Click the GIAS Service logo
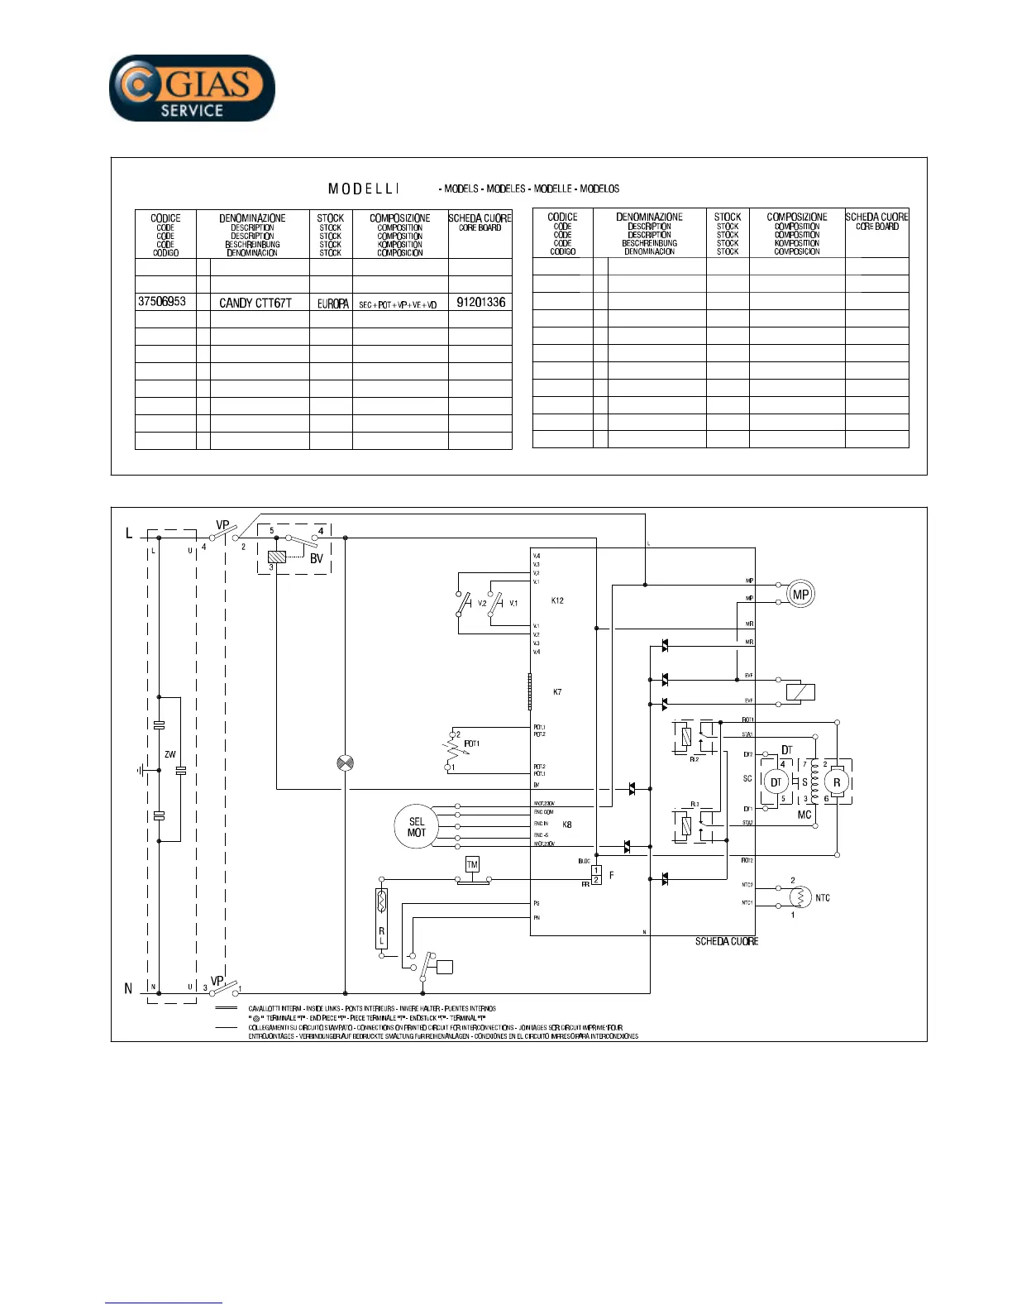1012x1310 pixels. (x=192, y=88)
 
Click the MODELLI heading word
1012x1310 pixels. (x=364, y=189)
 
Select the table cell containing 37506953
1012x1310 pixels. (x=162, y=302)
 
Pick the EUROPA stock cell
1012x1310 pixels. (x=332, y=304)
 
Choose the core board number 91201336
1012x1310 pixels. (x=480, y=302)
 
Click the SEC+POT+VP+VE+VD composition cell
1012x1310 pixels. (x=398, y=304)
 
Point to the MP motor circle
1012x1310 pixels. (x=800, y=594)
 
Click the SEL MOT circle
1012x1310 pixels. (x=417, y=827)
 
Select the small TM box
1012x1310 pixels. (x=472, y=865)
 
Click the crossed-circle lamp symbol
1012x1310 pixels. (x=346, y=763)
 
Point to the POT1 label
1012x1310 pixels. (x=471, y=743)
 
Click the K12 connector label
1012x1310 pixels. (x=557, y=600)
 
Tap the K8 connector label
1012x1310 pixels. (x=567, y=825)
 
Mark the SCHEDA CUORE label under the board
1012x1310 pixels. (x=726, y=941)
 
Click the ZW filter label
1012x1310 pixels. (x=169, y=754)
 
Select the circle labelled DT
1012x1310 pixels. (x=776, y=782)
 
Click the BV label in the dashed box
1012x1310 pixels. (x=316, y=559)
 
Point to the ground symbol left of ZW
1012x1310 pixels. (x=141, y=770)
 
